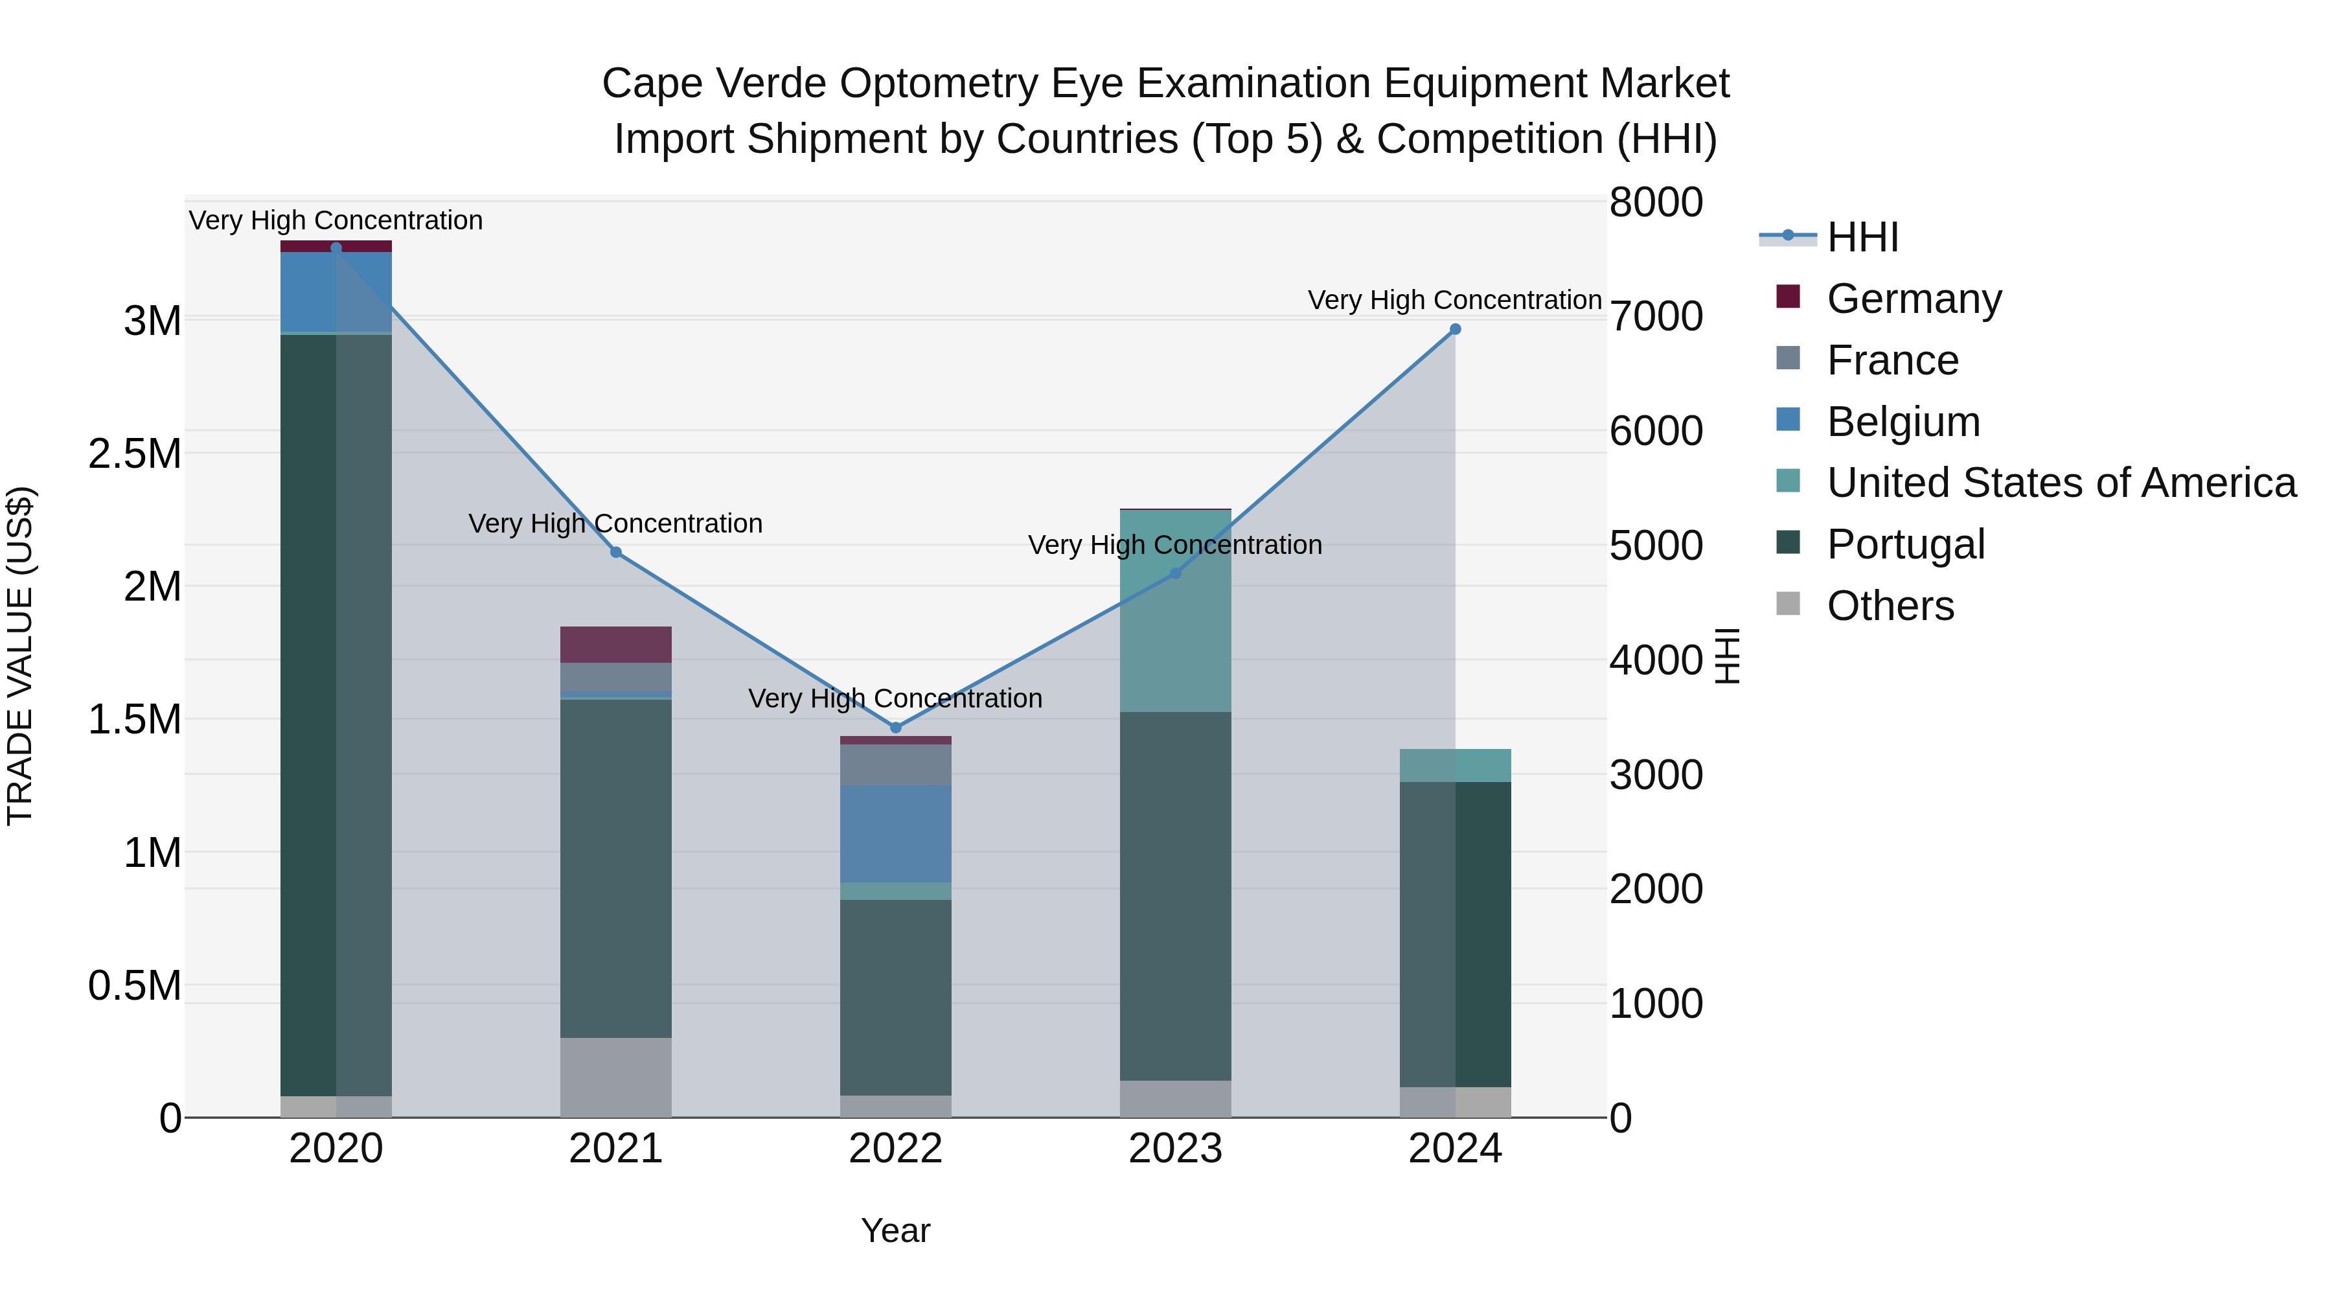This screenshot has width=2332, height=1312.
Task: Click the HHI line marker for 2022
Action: click(895, 727)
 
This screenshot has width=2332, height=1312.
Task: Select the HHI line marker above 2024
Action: click(1455, 330)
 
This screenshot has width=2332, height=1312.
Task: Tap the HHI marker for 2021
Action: click(615, 552)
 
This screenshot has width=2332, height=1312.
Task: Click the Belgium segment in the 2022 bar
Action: click(895, 834)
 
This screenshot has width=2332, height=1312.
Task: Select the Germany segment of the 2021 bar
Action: click(615, 645)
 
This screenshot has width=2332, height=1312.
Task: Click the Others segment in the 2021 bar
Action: click(615, 1077)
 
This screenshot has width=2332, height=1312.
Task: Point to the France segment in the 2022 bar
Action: click(895, 765)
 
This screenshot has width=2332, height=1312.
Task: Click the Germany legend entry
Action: click(1914, 299)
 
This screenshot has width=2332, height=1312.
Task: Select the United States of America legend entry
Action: click(2061, 483)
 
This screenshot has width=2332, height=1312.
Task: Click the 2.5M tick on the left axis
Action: click(135, 454)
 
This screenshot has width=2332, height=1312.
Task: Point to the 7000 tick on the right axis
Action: click(1656, 316)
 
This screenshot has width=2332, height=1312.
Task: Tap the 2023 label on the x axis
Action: click(1175, 1149)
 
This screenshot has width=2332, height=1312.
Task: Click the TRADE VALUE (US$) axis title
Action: click(21, 656)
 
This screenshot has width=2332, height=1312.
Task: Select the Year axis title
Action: click(895, 1230)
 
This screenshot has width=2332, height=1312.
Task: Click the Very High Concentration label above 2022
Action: click(895, 698)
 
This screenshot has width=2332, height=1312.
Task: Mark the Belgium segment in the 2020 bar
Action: click(336, 292)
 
